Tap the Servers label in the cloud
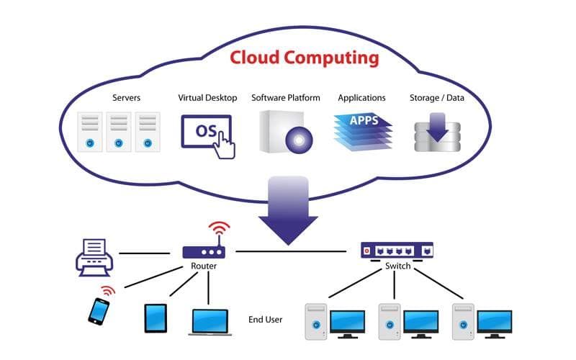point(126,98)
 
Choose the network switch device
point(397,250)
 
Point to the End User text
point(265,320)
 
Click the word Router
point(203,267)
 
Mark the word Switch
point(397,266)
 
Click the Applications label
point(361,98)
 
